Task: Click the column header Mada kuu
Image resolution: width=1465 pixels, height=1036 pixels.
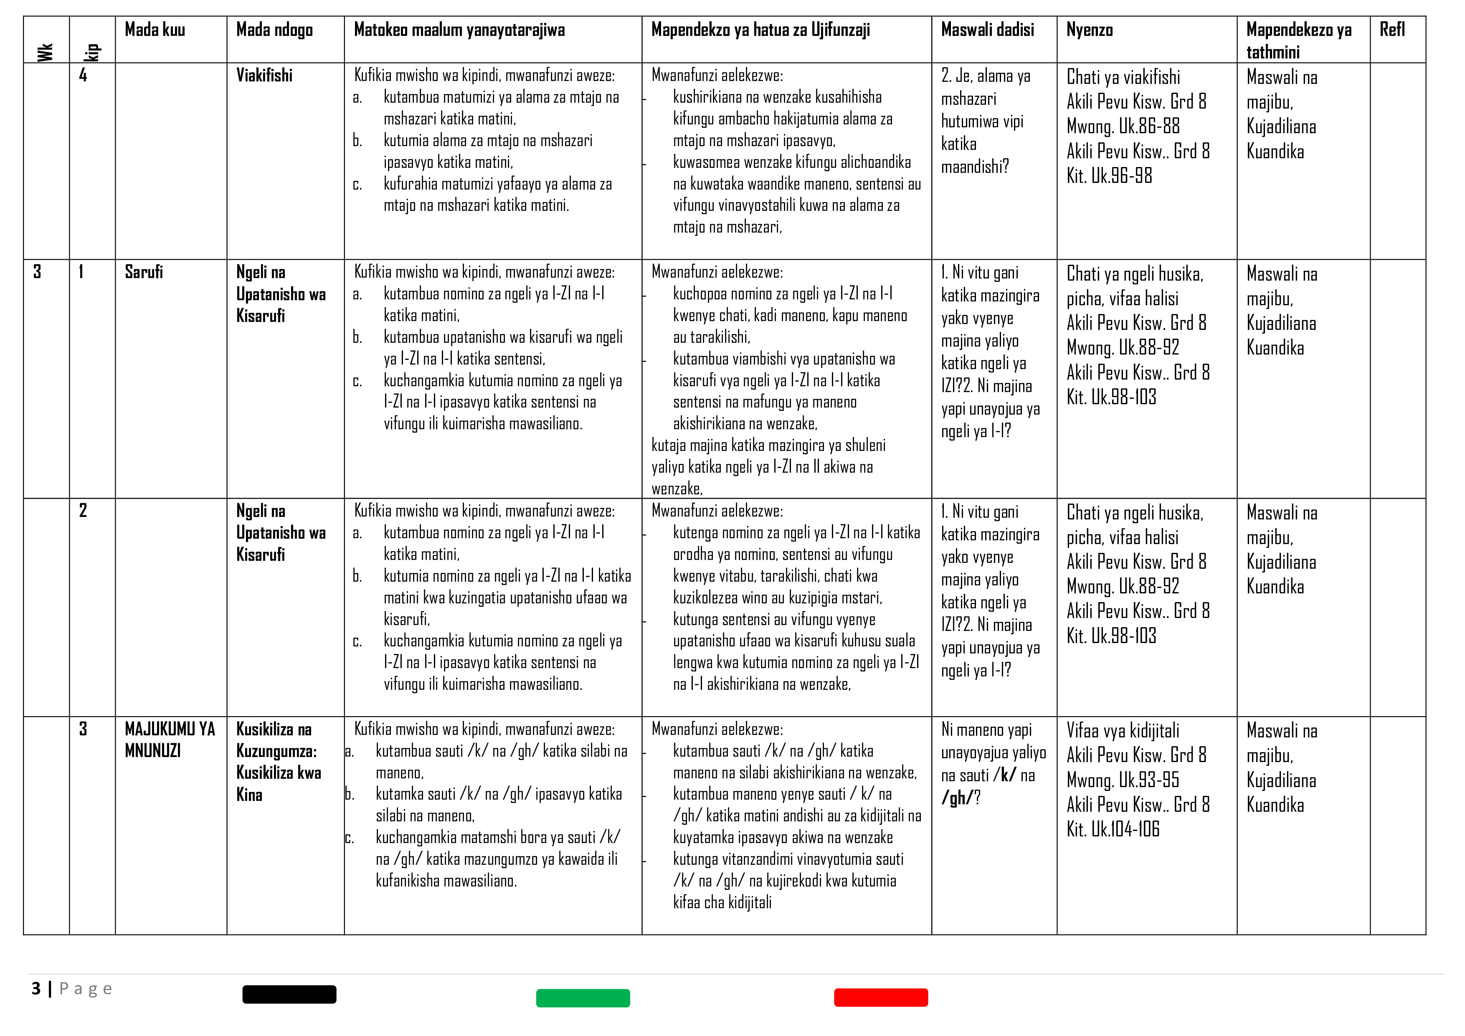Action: [x=155, y=30]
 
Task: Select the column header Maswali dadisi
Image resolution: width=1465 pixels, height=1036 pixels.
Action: [x=987, y=30]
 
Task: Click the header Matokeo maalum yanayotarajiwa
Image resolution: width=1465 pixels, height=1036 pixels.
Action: [x=459, y=30]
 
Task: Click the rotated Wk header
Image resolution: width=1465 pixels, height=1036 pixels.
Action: [x=45, y=52]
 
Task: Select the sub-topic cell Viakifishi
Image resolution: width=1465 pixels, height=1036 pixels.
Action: [x=264, y=75]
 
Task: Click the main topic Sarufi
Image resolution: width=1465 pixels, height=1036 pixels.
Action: [x=144, y=272]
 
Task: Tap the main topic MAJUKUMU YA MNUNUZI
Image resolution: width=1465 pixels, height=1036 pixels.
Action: [x=170, y=740]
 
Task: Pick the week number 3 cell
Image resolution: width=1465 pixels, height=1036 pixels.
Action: [x=37, y=272]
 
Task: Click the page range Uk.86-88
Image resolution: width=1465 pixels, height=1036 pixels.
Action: [x=1148, y=126]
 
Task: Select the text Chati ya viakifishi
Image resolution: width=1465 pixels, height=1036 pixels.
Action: [x=1123, y=77]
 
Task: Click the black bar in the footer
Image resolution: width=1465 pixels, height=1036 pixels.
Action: [x=289, y=995]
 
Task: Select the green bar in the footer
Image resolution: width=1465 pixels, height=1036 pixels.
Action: [x=583, y=998]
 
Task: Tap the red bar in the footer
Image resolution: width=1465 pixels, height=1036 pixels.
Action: [x=880, y=998]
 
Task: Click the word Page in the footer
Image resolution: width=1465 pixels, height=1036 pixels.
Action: [x=86, y=989]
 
